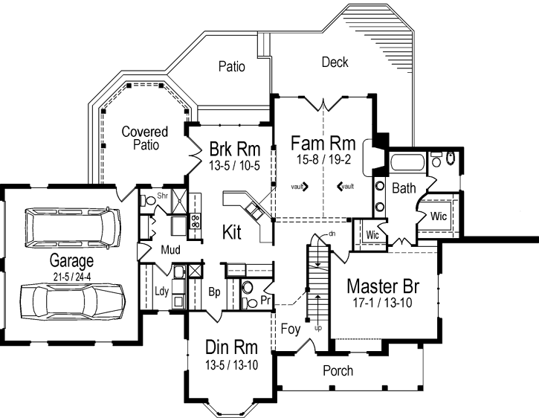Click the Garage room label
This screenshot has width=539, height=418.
[x=71, y=261]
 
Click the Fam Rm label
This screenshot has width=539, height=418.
[x=322, y=141]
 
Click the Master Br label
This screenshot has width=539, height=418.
[x=383, y=288]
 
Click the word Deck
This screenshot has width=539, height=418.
[x=335, y=62]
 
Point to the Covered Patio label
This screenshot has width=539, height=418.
[x=145, y=138]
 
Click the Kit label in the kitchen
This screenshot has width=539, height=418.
[x=233, y=233]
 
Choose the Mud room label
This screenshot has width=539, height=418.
[x=171, y=249]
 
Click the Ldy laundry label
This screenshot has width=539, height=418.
[x=161, y=292]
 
